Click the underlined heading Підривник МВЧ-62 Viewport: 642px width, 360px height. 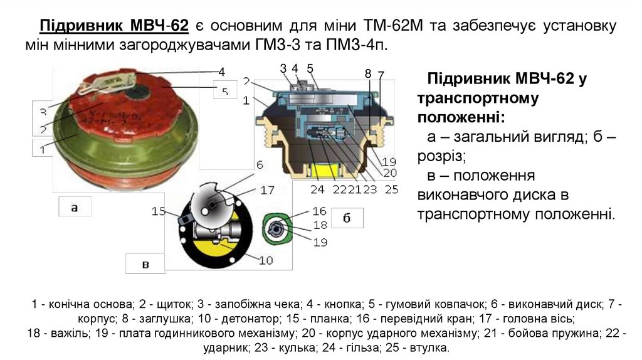tap(114, 26)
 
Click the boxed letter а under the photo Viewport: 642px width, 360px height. tap(74, 207)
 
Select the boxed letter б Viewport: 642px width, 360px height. tap(346, 217)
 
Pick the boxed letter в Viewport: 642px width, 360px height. tap(145, 264)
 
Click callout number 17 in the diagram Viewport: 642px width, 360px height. tap(268, 189)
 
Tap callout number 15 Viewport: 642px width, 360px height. tap(158, 211)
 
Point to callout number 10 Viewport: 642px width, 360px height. tap(265, 260)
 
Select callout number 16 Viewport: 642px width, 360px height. tap(319, 211)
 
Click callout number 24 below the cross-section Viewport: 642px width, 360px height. tap(317, 189)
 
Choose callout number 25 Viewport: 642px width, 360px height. tap(392, 189)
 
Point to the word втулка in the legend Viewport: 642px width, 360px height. tap(430, 347)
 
